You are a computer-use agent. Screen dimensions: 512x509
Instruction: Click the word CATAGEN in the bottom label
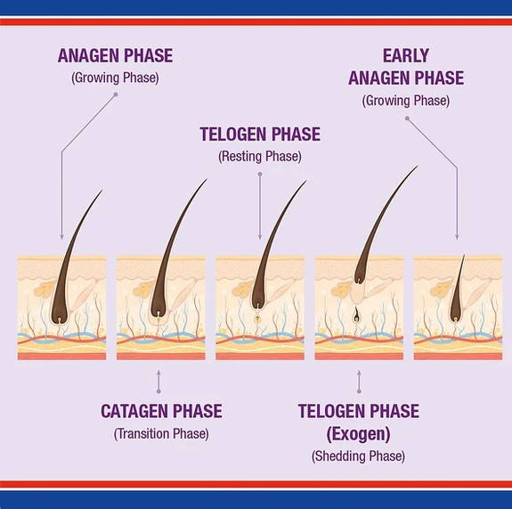coord(134,411)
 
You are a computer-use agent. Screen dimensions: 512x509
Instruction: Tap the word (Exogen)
coord(359,434)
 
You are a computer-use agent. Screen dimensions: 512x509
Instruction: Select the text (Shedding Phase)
coord(358,456)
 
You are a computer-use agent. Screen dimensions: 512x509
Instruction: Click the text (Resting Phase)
coord(260,156)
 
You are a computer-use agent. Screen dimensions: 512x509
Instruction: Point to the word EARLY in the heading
coord(406,55)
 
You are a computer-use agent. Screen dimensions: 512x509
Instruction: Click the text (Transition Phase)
coord(161,434)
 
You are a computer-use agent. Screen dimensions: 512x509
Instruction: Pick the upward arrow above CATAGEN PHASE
coord(158,382)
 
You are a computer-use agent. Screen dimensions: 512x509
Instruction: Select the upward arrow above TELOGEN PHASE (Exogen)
coord(359,382)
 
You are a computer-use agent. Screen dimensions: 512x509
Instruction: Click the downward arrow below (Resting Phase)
coord(260,207)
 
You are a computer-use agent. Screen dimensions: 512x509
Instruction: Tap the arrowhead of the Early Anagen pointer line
coord(457,237)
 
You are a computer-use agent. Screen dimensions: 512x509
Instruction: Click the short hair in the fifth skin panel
coord(457,290)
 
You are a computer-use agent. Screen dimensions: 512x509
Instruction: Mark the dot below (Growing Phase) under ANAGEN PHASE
coord(116,94)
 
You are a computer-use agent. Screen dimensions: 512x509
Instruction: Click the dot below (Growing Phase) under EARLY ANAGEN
coord(407,119)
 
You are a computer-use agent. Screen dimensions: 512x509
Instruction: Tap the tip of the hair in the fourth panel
coord(418,166)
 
